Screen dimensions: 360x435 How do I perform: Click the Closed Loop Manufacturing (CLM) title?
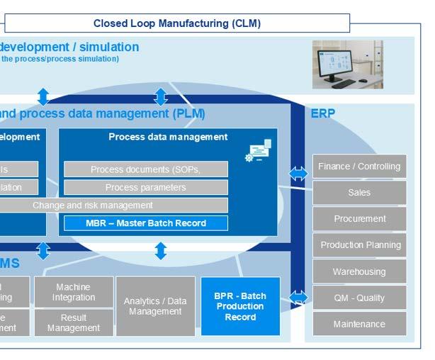(x=177, y=23)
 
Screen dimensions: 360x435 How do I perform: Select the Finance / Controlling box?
(x=359, y=167)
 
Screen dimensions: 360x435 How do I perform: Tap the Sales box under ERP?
(x=359, y=193)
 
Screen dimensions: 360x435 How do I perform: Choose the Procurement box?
(x=359, y=219)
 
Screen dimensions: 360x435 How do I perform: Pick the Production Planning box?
(x=359, y=245)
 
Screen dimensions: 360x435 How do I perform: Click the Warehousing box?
(x=359, y=271)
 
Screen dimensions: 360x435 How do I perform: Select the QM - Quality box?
(x=359, y=298)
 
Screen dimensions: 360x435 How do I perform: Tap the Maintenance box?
(x=359, y=324)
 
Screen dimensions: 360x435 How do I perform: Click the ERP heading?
(x=323, y=113)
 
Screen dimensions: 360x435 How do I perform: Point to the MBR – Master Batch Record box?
(x=146, y=223)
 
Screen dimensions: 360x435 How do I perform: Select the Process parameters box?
(x=146, y=188)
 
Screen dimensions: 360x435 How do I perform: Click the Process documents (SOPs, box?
(x=146, y=169)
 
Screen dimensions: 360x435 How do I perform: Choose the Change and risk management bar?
(x=93, y=206)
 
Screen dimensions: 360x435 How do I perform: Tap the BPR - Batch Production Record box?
(x=240, y=306)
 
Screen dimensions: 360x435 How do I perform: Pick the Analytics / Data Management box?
(x=155, y=306)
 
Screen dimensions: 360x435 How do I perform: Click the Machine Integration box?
(x=74, y=292)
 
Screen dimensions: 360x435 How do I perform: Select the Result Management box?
(x=74, y=323)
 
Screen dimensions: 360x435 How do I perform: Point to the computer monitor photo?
(x=347, y=64)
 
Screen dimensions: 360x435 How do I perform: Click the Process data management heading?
(x=168, y=137)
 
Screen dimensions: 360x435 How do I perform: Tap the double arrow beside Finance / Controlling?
(x=298, y=174)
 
